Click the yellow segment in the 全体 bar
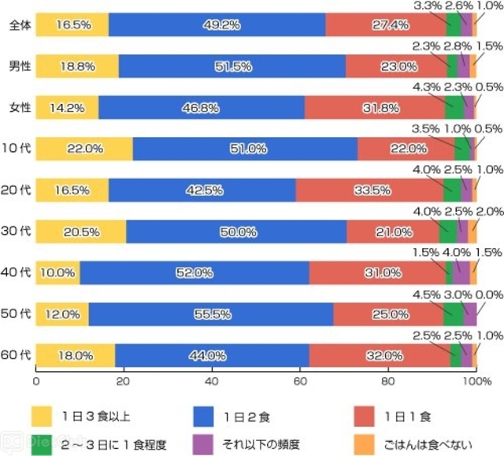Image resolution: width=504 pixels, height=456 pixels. [72, 25]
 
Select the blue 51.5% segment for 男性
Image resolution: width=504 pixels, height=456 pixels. [232, 67]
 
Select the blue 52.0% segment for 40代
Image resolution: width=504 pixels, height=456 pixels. [194, 272]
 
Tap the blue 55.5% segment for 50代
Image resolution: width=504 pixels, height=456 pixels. [210, 313]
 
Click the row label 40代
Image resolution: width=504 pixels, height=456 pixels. [20, 272]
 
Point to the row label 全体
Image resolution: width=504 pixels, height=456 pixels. [20, 25]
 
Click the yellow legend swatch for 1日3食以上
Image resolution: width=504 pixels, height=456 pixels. [41, 415]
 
